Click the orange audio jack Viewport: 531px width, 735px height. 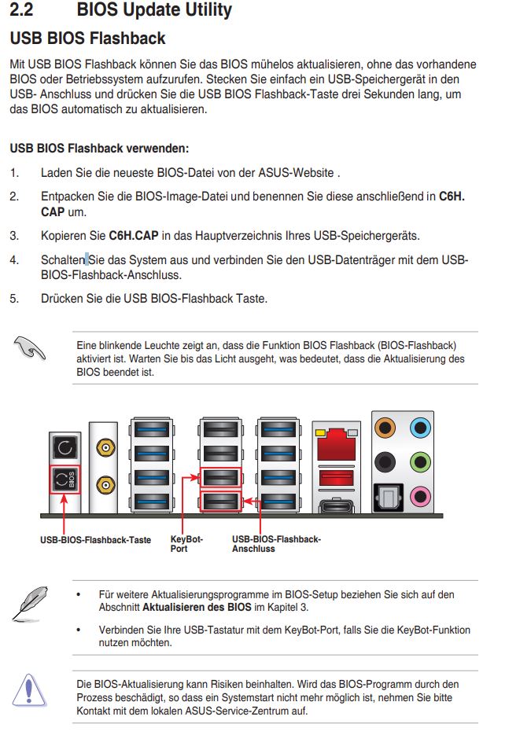tap(385, 429)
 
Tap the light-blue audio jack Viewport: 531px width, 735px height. tap(421, 429)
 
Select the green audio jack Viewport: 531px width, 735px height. tap(421, 461)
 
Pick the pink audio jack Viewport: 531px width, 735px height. tap(421, 495)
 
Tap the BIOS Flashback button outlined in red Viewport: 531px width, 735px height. tap(63, 480)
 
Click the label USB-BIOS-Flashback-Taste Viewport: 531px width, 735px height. tap(95, 540)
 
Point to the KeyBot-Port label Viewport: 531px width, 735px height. tap(186, 543)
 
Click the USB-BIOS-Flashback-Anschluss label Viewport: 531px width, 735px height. tap(276, 543)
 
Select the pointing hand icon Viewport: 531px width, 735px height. tap(30, 347)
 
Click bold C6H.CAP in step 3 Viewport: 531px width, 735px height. tap(134, 235)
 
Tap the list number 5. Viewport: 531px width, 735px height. tap(13, 299)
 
